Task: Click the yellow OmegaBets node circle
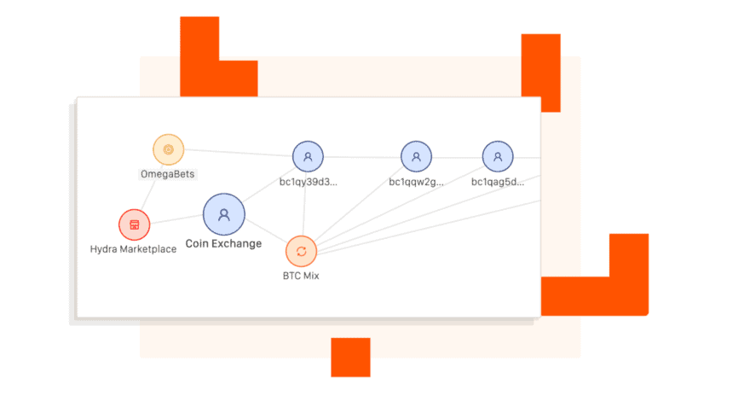(169, 149)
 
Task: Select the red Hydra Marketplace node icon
(135, 224)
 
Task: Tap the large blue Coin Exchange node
(224, 214)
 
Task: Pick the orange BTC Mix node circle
(302, 252)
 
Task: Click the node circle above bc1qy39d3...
(308, 156)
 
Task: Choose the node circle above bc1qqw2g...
(416, 156)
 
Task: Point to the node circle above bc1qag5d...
(498, 156)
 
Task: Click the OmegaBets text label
(167, 174)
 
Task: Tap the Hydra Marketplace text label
(134, 249)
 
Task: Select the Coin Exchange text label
(223, 244)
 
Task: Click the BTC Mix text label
(301, 276)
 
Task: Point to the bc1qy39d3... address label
(309, 182)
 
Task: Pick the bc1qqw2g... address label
(416, 182)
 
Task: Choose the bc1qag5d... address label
(498, 182)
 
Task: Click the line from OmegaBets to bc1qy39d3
(239, 153)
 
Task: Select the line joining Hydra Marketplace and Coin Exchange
(176, 218)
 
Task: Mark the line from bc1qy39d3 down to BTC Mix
(305, 204)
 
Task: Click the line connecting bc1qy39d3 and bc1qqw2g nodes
(362, 157)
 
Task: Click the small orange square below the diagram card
(350, 358)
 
